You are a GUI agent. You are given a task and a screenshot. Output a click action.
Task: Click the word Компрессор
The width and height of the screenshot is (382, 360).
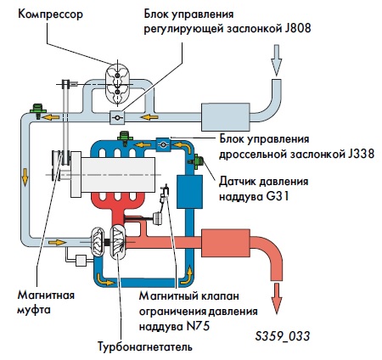50,14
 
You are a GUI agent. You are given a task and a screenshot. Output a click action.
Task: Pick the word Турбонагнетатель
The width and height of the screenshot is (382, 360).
145,346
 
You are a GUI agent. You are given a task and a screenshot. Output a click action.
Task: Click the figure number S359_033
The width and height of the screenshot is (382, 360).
283,336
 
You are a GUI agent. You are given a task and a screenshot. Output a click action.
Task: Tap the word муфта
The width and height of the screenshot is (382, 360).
34,310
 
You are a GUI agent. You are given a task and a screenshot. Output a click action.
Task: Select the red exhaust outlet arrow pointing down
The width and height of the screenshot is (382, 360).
277,299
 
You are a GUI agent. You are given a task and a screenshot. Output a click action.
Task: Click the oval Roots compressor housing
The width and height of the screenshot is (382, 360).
117,83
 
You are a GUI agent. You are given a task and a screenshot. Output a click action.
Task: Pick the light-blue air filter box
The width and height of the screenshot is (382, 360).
226,117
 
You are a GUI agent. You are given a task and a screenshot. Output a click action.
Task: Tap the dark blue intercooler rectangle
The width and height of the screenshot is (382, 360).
189,192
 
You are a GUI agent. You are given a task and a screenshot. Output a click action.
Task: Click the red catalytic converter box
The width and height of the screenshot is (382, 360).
226,243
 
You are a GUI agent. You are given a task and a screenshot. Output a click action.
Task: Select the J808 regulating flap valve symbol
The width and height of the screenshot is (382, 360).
117,117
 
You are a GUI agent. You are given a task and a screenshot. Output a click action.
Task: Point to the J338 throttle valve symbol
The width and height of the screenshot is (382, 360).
163,144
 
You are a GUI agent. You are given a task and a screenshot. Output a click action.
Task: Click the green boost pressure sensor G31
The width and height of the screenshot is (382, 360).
197,161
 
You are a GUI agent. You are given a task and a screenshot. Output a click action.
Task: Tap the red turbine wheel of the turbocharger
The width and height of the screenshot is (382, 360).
118,242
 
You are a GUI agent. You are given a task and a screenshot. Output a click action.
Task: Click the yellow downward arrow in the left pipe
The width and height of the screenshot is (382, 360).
25,177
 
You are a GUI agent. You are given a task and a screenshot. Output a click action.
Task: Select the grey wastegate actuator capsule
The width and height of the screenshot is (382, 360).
156,218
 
